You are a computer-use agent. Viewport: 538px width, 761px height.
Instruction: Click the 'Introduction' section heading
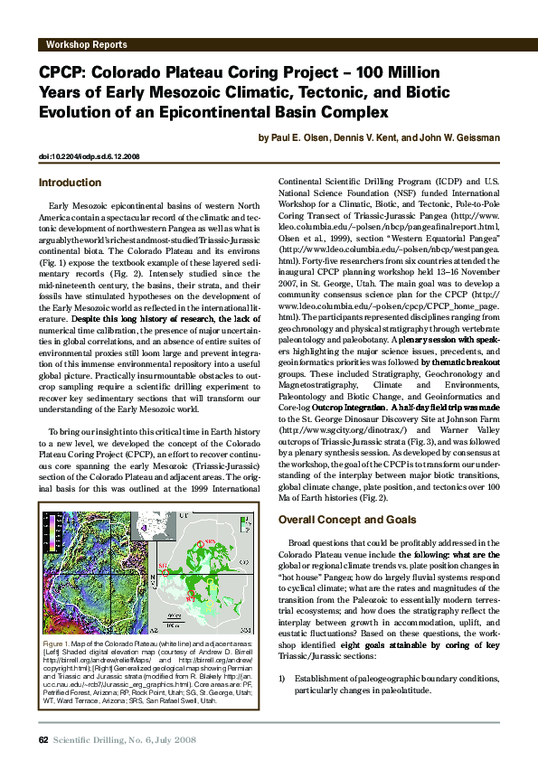point(71,183)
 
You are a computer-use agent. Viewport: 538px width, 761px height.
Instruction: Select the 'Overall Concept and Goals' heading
point(347,521)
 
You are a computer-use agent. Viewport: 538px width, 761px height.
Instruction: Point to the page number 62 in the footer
point(42,740)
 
